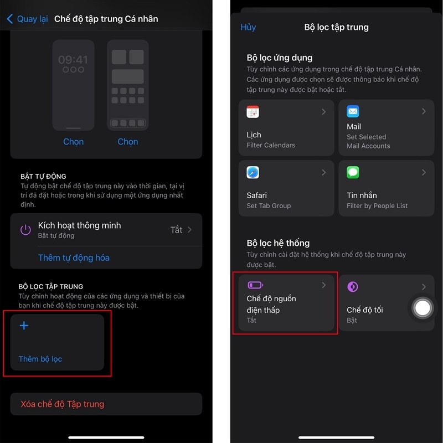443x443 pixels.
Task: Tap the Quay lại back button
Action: point(28,19)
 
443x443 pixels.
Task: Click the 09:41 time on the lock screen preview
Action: point(73,60)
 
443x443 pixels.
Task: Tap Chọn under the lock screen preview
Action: point(73,142)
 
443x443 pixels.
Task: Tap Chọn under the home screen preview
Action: point(127,142)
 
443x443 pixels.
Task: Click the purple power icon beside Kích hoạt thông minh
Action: point(25,230)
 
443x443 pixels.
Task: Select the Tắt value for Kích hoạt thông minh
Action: point(176,230)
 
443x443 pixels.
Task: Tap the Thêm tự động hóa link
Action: point(74,257)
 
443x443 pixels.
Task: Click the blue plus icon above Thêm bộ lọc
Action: point(24,326)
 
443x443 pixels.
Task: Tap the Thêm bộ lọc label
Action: point(40,359)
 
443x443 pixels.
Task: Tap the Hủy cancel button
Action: point(248,27)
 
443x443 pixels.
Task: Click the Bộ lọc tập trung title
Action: point(336,27)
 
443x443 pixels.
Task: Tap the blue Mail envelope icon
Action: point(353,111)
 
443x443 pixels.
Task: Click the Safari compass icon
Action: point(253,172)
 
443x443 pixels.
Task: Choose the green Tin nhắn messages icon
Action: point(353,172)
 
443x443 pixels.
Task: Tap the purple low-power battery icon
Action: point(254,285)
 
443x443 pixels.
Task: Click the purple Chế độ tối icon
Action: point(353,286)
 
